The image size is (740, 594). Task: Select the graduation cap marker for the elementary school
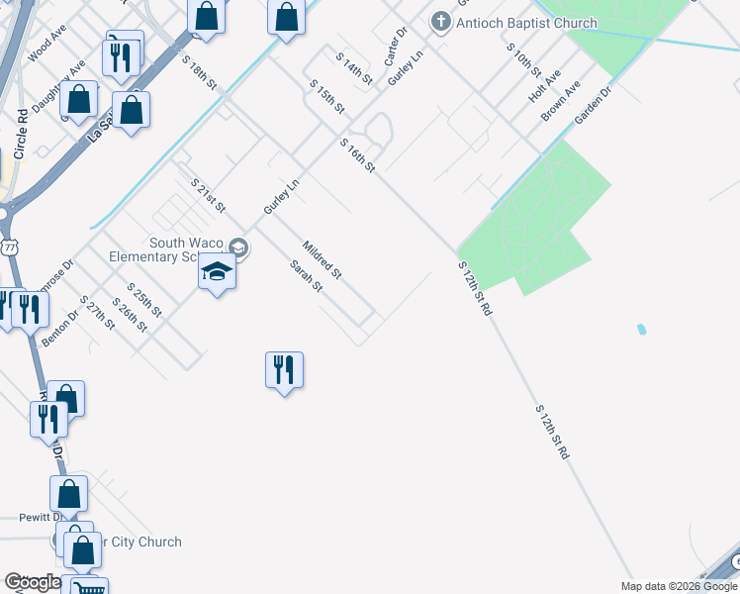[217, 271]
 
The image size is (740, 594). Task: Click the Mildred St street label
[322, 258]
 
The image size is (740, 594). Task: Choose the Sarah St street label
[306, 275]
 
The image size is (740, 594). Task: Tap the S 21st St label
[209, 195]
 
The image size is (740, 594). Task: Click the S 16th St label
[357, 156]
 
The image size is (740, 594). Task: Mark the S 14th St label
[354, 67]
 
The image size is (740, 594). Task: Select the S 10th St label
[523, 60]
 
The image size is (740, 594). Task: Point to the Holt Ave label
[544, 87]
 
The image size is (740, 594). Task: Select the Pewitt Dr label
[41, 517]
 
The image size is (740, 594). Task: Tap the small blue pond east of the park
[643, 329]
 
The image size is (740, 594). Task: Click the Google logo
[32, 582]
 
